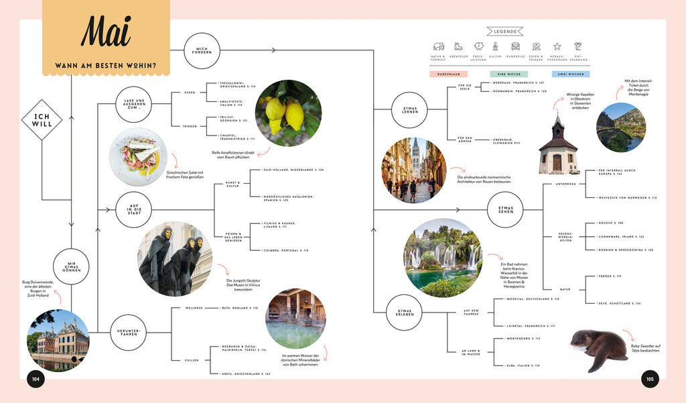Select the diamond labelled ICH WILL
click(x=42, y=121)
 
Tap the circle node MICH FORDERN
click(x=202, y=50)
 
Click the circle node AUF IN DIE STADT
click(x=133, y=209)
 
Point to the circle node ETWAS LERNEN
click(x=409, y=110)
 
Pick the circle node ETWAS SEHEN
click(x=506, y=210)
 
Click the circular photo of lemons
click(x=288, y=113)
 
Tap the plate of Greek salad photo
click(x=139, y=157)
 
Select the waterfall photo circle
click(x=442, y=257)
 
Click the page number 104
click(x=36, y=379)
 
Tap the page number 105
click(x=649, y=379)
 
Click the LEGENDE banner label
click(x=505, y=31)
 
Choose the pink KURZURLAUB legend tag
click(x=448, y=74)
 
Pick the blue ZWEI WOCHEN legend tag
click(x=571, y=74)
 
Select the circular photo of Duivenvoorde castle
click(x=58, y=340)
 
